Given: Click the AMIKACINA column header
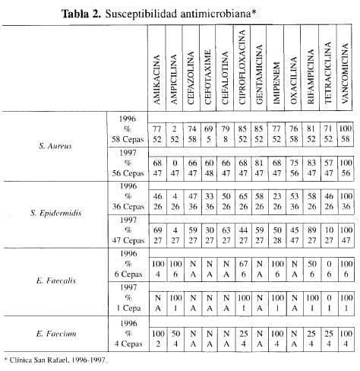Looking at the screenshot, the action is (x=156, y=78).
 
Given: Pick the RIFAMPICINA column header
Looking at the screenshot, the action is (x=311, y=77).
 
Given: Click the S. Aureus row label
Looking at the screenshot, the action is (x=55, y=145).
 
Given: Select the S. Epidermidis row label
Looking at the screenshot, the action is (x=55, y=212).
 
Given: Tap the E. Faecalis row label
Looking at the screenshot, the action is (x=55, y=281).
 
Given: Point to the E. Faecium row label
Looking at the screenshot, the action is (x=55, y=333).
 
